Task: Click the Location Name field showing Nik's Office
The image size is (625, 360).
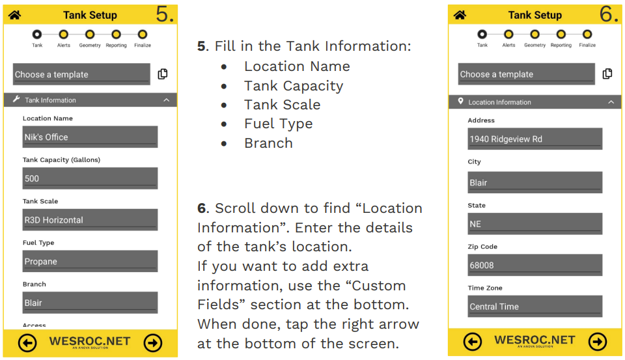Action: point(90,137)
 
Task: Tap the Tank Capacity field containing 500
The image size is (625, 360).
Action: point(90,178)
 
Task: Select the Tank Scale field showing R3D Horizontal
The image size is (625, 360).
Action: point(90,220)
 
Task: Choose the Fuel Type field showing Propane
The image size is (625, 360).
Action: point(90,261)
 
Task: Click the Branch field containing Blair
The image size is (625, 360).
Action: point(90,303)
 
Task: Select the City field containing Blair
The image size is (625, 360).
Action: point(535,182)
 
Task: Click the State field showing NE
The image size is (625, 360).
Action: point(535,224)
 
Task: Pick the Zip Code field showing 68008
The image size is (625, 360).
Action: point(535,265)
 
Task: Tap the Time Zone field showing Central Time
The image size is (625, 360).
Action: point(535,307)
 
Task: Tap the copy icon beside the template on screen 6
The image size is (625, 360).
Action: point(607,74)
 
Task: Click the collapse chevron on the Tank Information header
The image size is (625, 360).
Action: point(166,100)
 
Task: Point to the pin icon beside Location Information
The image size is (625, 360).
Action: point(461,102)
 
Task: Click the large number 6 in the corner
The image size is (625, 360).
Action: point(609,14)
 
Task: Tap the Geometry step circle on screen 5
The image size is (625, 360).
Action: point(90,34)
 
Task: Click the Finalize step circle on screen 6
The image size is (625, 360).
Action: point(587,34)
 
